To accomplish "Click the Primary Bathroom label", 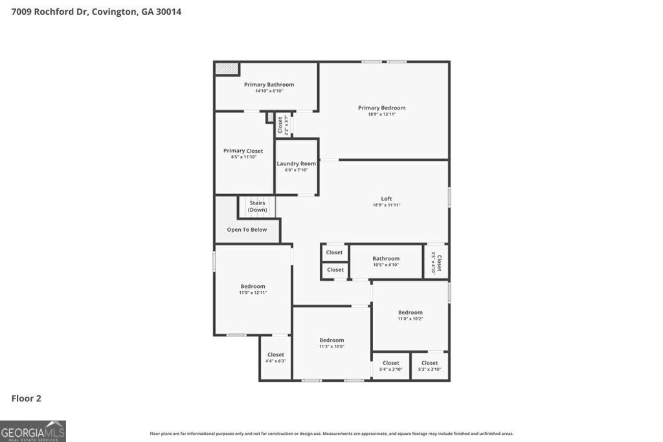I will click(x=269, y=85).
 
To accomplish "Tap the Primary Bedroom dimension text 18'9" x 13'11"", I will click(x=381, y=115).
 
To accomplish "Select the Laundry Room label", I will click(x=297, y=164).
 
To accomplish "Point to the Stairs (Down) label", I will click(x=257, y=206).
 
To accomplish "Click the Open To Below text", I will click(x=247, y=230).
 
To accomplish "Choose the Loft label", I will click(x=386, y=199).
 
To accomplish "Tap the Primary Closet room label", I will click(x=243, y=151).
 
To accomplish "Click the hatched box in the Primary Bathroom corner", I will click(x=227, y=68).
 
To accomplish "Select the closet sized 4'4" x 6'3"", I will click(x=276, y=357).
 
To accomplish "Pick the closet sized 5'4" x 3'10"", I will click(x=390, y=366).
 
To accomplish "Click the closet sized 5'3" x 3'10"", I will click(x=429, y=366).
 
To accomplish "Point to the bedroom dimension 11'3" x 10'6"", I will click(x=331, y=347).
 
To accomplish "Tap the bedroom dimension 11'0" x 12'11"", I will click(x=253, y=293).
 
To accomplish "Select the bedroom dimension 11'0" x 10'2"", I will click(x=410, y=318).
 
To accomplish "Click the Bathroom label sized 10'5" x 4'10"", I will click(x=386, y=259).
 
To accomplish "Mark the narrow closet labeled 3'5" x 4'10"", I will click(x=436, y=262).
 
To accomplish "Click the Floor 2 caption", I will click(x=27, y=399).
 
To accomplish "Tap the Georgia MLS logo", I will click(x=33, y=431).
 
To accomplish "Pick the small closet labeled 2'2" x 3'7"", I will click(x=282, y=124).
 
